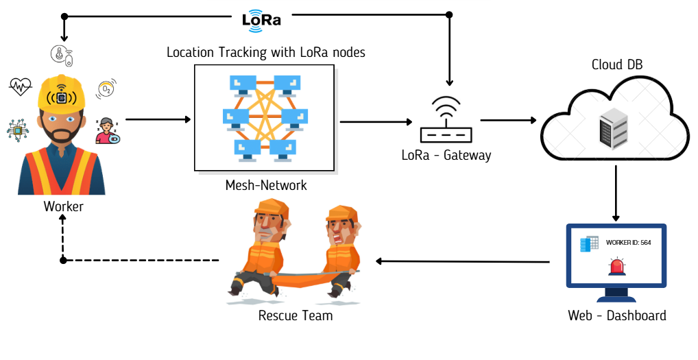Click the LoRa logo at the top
261,19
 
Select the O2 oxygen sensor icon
106,88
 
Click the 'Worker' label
63,206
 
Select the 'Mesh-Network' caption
266,185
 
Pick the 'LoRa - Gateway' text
446,155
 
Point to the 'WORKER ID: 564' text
628,243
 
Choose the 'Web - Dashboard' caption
617,315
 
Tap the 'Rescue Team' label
296,315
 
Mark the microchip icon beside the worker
16,130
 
